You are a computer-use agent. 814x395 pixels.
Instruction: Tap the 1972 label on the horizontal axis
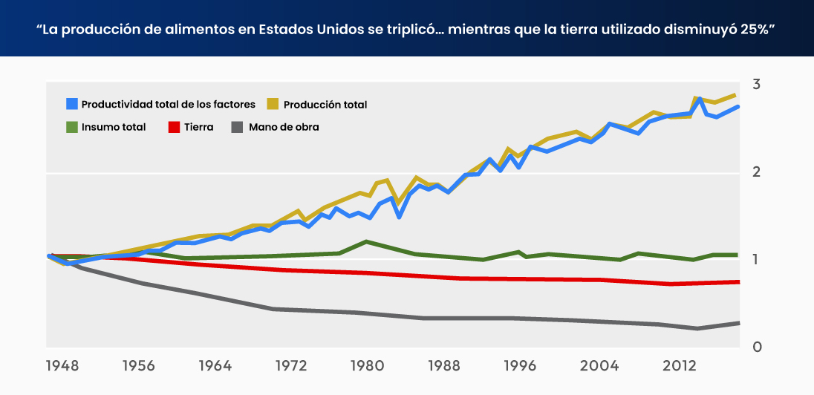[290, 366]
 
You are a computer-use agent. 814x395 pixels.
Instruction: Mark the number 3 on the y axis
[756, 84]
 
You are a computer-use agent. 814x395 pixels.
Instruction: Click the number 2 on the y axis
[756, 172]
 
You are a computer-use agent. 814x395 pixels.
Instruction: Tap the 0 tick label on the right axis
[756, 347]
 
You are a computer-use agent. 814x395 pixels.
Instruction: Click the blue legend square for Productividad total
[72, 104]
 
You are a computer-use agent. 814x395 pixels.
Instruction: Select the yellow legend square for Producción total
[273, 104]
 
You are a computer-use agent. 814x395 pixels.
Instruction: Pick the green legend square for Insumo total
[72, 127]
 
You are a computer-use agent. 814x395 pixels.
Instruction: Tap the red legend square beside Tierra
[172, 127]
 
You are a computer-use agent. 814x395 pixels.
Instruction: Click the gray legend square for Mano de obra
[238, 127]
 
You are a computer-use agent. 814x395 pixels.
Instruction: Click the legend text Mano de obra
[284, 127]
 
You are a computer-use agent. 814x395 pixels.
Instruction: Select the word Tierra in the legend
[198, 127]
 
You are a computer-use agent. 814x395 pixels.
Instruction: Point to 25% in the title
[757, 30]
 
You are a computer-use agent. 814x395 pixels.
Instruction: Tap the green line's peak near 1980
[365, 241]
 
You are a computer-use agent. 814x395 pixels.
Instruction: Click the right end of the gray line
[738, 323]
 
